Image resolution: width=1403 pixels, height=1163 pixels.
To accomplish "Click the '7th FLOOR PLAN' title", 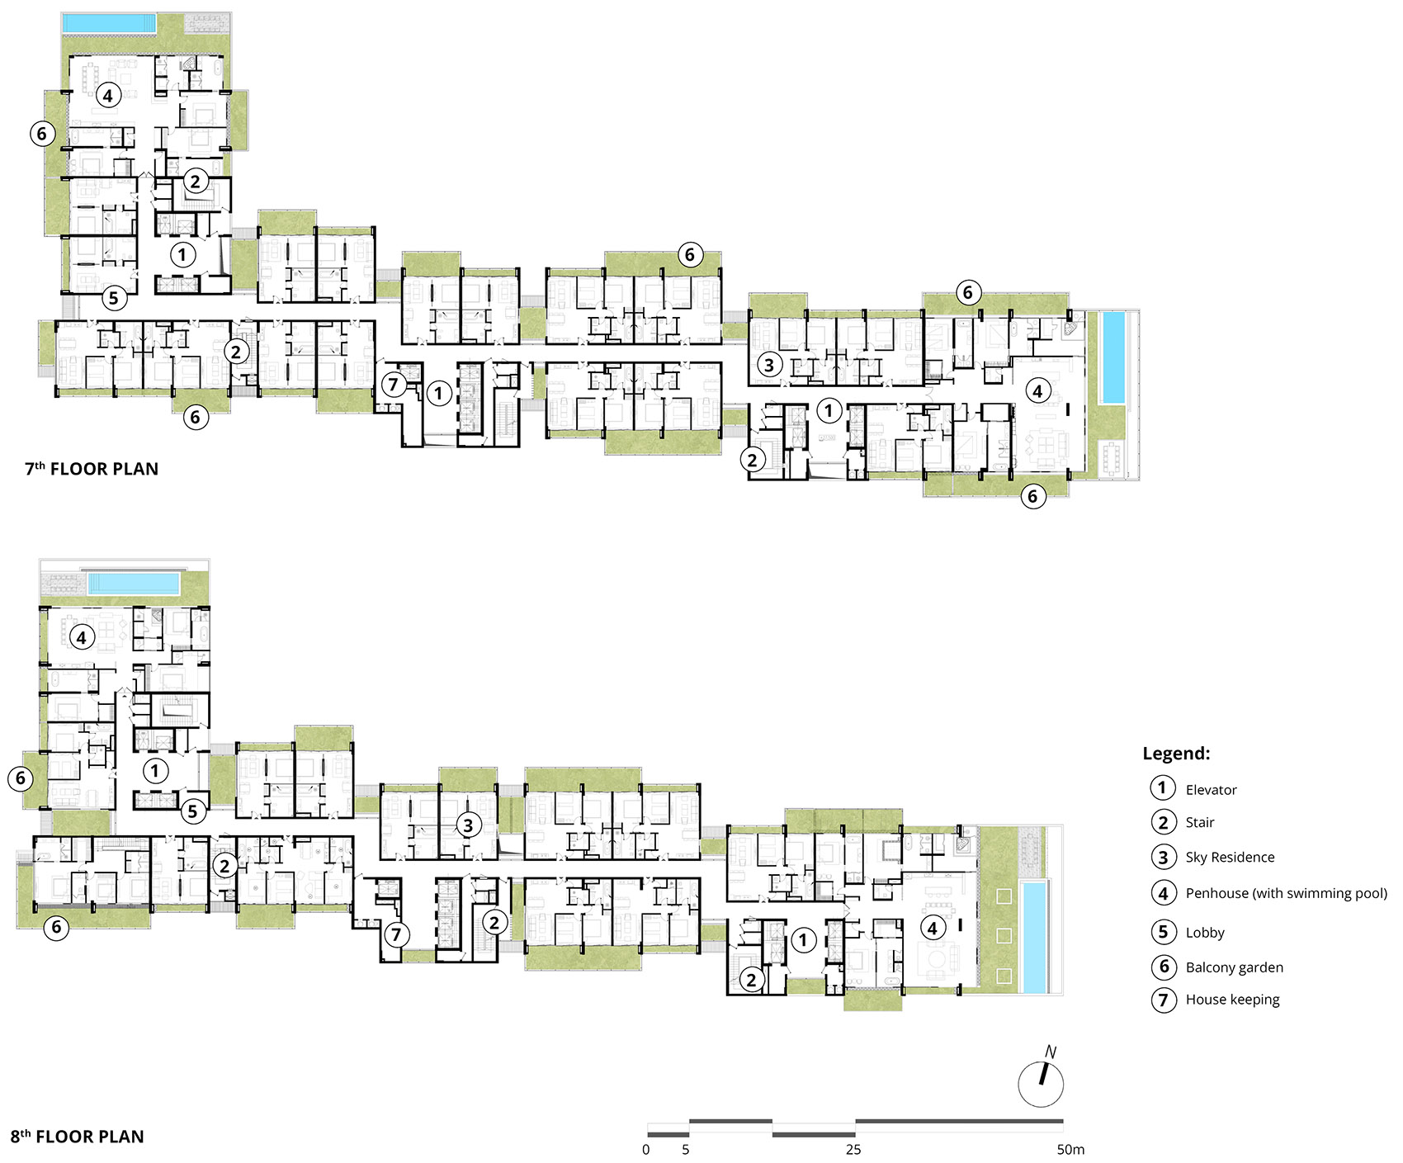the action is tap(92, 469).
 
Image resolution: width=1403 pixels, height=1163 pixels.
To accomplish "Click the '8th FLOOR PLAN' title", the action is tap(77, 1137).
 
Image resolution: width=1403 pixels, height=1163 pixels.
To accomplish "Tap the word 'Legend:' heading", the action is tap(1176, 754).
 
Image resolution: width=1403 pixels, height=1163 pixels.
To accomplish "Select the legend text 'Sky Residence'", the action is tap(1230, 858).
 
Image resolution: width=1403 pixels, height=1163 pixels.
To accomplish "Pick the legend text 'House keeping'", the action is tap(1232, 1000).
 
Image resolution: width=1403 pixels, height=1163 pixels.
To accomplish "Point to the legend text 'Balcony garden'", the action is tap(1235, 967).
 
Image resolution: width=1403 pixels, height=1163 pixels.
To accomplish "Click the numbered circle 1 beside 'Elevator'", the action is tap(1163, 788).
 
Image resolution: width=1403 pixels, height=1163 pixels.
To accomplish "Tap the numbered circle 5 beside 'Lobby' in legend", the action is tap(1163, 932).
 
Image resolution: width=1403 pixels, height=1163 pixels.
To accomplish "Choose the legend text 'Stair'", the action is tap(1200, 822).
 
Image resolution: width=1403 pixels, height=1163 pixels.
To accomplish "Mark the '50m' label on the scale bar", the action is tap(1070, 1150).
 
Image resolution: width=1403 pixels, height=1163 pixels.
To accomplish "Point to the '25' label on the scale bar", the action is tap(853, 1150).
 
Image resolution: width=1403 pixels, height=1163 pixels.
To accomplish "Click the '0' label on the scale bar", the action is tap(646, 1150).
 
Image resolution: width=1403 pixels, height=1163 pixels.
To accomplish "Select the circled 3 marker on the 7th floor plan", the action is tap(769, 363).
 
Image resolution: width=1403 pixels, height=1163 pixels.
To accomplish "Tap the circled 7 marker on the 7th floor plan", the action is tap(394, 384).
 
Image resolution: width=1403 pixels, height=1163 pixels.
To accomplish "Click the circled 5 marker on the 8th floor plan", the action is tap(192, 811).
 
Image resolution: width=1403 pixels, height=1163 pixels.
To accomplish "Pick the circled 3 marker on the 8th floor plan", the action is tap(468, 825).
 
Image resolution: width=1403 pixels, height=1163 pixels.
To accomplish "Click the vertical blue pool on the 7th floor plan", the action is tap(1113, 357).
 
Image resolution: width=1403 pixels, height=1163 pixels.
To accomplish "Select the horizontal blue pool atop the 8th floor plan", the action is tap(134, 584).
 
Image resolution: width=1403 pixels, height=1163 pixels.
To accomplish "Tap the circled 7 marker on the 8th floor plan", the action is tap(397, 934).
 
